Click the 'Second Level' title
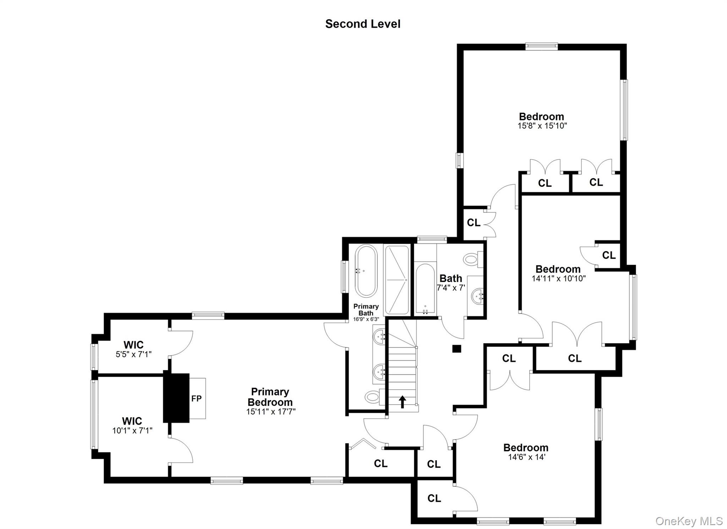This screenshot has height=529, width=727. point(363,24)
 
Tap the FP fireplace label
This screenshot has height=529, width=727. point(196,398)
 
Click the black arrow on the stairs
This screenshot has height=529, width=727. point(402,402)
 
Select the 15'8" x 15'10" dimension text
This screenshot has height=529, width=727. point(542,125)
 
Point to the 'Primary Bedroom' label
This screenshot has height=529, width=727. point(270,397)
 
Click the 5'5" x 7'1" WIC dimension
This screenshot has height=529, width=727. point(133,354)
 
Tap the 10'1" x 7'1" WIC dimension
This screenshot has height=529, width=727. point(132,431)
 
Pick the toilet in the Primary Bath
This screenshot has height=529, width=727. point(373,395)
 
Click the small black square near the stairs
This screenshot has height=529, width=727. point(456,349)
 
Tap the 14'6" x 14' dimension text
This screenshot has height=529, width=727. point(526,457)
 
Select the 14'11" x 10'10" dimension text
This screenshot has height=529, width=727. point(558,279)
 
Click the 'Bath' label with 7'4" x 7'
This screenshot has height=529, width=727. point(451,278)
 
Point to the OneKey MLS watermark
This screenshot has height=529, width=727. point(689,521)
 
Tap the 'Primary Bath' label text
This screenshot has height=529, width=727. point(366,309)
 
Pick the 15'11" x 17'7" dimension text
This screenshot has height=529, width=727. point(271,412)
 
